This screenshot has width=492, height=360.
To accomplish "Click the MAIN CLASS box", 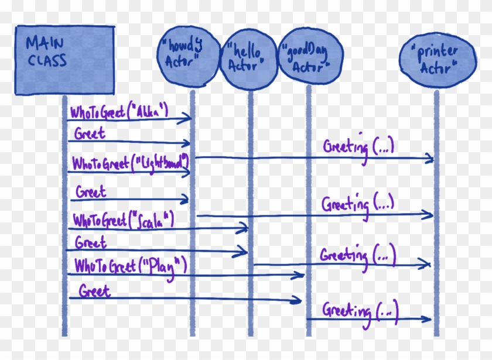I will [x=64, y=60].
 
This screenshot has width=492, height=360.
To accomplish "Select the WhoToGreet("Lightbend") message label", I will [x=129, y=162].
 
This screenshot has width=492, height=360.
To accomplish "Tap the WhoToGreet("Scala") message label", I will [x=124, y=220].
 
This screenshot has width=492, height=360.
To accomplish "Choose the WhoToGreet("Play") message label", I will [x=130, y=266].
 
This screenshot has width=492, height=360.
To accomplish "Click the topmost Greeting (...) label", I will [x=358, y=146].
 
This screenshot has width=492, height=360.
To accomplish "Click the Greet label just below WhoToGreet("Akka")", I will [x=90, y=134].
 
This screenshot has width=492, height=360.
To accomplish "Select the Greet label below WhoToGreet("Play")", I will [x=95, y=290].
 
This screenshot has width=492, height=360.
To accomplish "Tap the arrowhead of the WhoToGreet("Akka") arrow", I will [x=188, y=119].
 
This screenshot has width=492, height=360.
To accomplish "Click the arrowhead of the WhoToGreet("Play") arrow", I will [x=300, y=275].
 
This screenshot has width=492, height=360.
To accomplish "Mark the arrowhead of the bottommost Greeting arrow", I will [x=429, y=319].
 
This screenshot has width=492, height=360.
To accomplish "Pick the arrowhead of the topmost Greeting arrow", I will [x=430, y=158].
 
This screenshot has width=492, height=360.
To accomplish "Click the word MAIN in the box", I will [x=45, y=43].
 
